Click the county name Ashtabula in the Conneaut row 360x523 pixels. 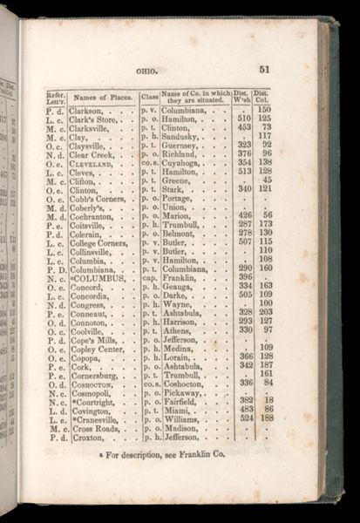point(183,309)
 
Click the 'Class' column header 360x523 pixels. point(149,98)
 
